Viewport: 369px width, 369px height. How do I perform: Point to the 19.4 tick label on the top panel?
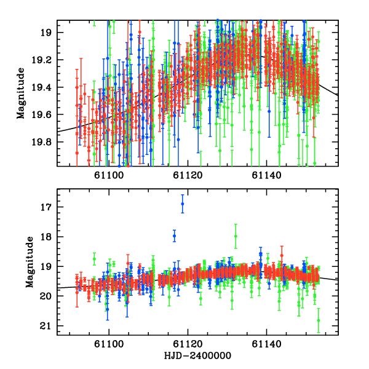point(42,87)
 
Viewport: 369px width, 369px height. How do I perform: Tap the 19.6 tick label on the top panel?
point(42,114)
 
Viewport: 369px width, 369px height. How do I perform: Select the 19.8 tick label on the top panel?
point(42,141)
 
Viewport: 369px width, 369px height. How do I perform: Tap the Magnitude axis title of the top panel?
point(22,93)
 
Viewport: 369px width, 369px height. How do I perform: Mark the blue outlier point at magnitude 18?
point(174,236)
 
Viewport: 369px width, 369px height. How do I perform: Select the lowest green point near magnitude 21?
point(319,320)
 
